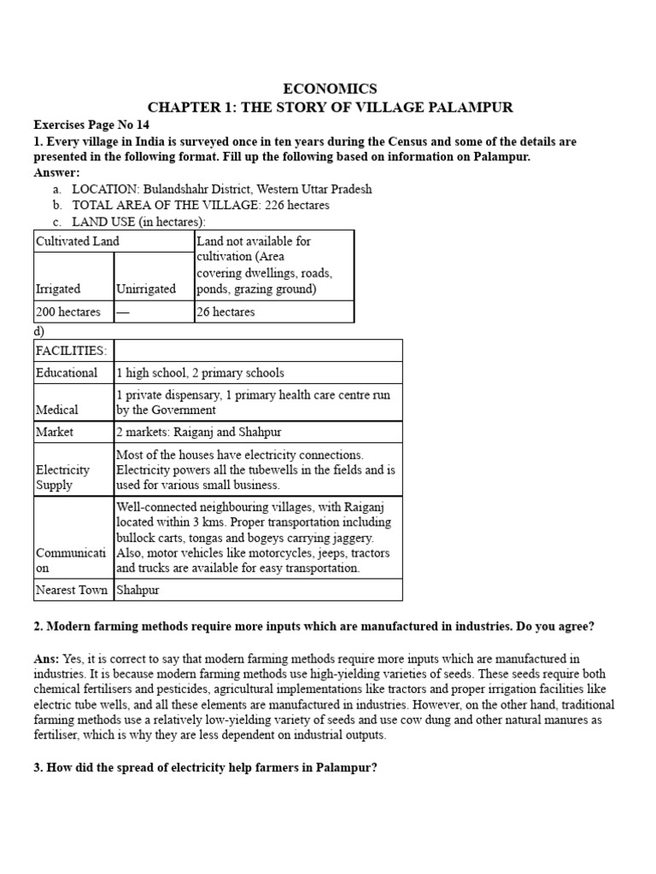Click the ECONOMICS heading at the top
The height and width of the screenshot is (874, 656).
pos(329,89)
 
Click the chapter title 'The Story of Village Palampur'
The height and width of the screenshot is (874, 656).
pos(329,107)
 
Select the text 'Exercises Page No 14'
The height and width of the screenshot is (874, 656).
pos(91,125)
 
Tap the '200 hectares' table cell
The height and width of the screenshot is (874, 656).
pos(68,312)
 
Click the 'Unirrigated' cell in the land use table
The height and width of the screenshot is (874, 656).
pos(146,288)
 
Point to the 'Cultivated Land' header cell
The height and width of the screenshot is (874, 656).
pos(78,242)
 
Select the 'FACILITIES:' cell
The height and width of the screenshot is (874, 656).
pos(71,350)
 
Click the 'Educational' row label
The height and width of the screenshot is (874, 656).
pos(67,373)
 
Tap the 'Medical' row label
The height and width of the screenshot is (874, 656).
pos(57,410)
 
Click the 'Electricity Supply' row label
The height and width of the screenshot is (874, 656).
pos(62,477)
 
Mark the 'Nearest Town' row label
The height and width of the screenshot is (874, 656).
pos(72,590)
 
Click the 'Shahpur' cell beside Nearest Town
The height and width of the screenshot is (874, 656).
pos(138,590)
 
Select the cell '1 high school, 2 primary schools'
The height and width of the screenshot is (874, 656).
pos(200,373)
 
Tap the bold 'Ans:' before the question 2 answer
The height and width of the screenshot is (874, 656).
pos(47,658)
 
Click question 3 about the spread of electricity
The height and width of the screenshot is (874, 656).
pos(205,767)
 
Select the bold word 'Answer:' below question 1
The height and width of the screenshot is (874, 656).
pos(56,172)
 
